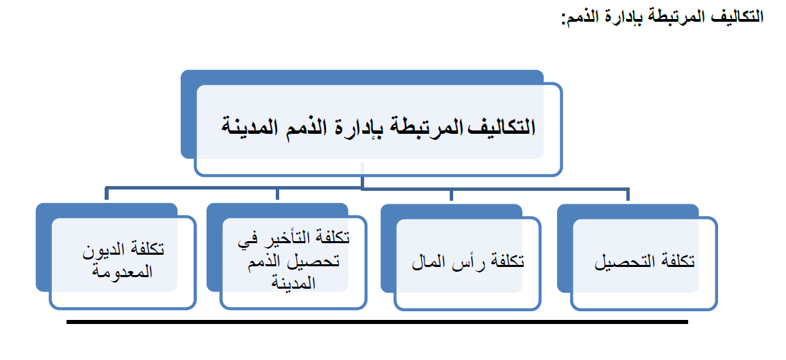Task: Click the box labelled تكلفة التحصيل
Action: point(644,264)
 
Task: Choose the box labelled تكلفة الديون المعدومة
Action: point(122,264)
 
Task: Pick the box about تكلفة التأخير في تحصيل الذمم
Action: point(293,264)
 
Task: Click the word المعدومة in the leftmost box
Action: point(123,272)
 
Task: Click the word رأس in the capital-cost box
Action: point(464,262)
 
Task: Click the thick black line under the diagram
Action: point(377,322)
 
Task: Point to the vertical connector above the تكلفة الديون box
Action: point(107,194)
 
